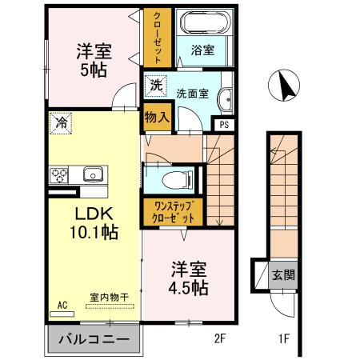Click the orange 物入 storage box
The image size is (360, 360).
(x=157, y=117)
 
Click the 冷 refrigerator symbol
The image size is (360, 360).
(x=60, y=122)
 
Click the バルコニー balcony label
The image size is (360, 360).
(x=93, y=340)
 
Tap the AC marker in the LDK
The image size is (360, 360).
(x=62, y=304)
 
